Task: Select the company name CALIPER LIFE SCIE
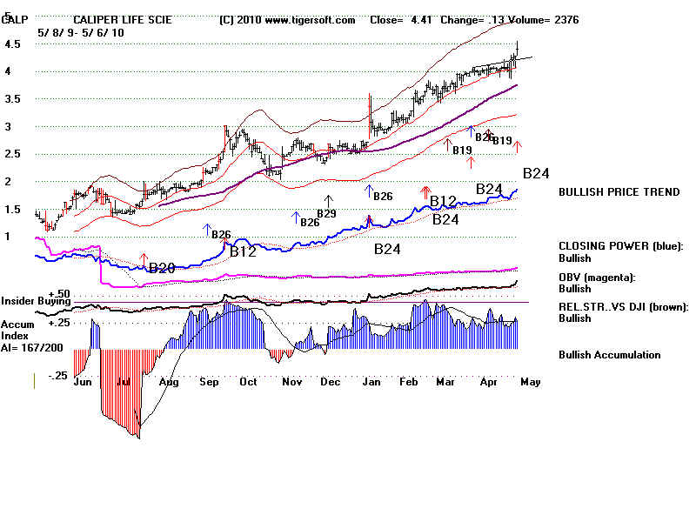(123, 19)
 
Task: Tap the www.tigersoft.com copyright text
(288, 19)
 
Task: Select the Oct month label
(249, 382)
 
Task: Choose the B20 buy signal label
(161, 268)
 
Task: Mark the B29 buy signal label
(326, 213)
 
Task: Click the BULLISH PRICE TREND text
(619, 192)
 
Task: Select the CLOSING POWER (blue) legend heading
(620, 246)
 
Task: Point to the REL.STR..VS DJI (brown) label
(623, 306)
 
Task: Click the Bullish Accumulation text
(609, 355)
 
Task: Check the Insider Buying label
(35, 301)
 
